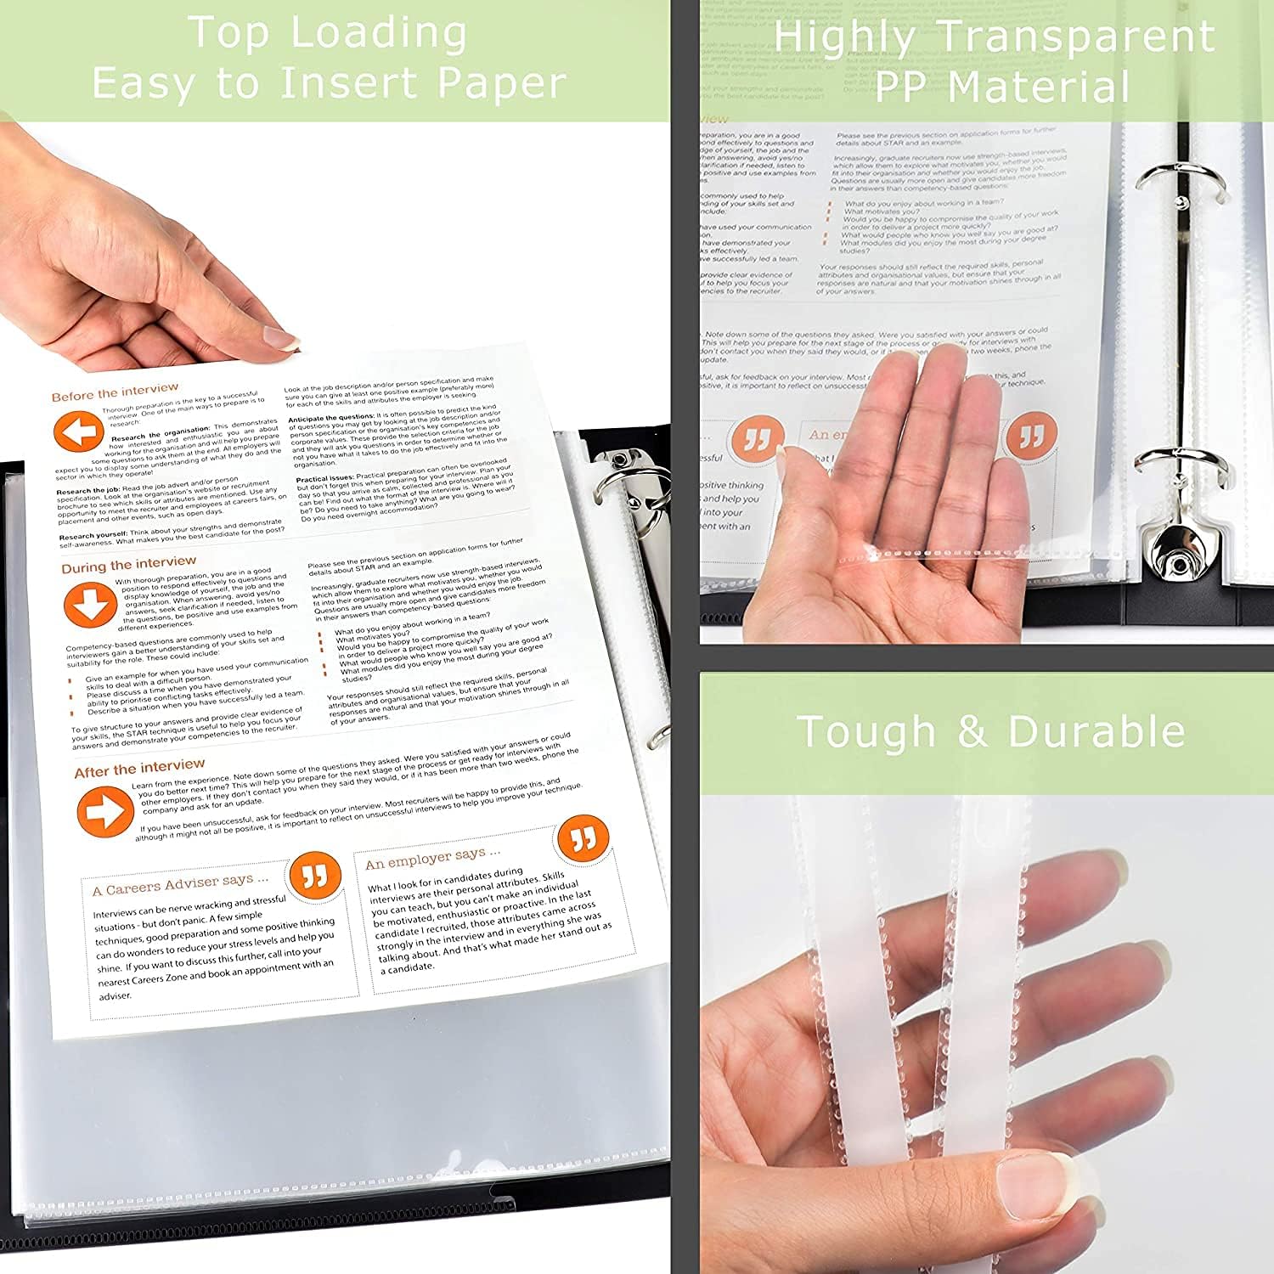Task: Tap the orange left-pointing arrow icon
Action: coord(79,432)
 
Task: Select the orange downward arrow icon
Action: coord(89,605)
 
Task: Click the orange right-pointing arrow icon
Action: coord(104,811)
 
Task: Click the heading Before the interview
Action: coord(115,392)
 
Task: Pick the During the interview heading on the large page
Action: coord(128,564)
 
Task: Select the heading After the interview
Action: coord(139,769)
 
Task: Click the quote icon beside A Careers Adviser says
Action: coord(314,876)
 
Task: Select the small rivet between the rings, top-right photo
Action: coord(1181,202)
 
